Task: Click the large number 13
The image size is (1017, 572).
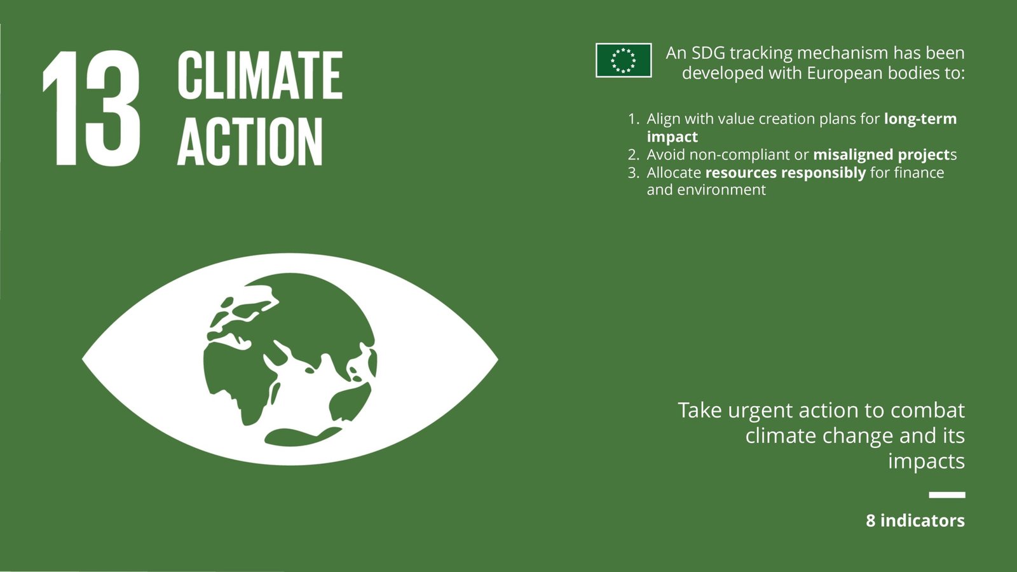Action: [92, 108]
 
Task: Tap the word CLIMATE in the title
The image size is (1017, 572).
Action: [260, 76]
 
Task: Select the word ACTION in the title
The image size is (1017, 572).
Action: [250, 142]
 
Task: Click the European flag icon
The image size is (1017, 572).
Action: [624, 60]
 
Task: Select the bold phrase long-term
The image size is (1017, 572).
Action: [920, 119]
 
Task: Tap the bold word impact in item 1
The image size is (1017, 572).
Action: [672, 137]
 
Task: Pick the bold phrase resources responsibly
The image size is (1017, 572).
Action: [786, 173]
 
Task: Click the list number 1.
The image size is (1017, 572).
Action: [633, 119]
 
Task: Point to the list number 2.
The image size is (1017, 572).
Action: [633, 155]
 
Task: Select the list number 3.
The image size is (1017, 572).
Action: [633, 172]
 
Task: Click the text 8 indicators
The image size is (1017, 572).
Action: [915, 521]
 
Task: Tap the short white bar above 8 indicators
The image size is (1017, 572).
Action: [946, 495]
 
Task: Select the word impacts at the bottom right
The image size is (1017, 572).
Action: [926, 462]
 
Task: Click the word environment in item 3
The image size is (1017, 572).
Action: [721, 190]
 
